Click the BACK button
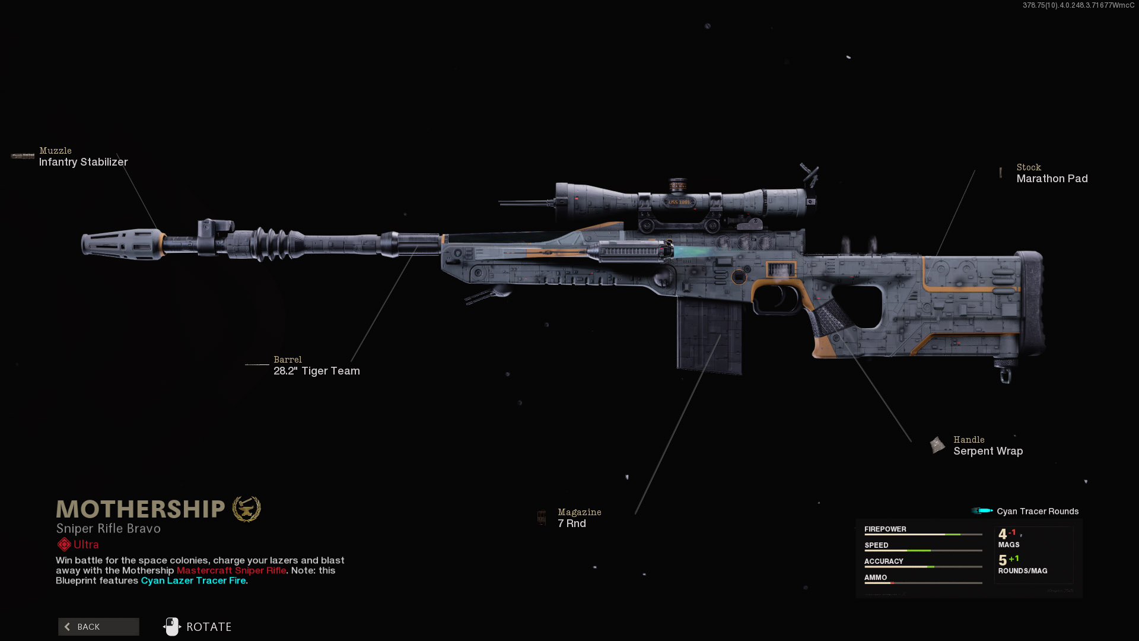coord(98,627)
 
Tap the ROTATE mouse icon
coord(172,627)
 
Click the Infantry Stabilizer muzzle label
coord(83,162)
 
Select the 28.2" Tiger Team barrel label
coord(316,371)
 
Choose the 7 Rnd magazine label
coord(572,523)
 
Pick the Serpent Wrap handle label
coord(988,451)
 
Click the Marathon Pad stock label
coord(1052,179)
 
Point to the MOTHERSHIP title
coord(141,509)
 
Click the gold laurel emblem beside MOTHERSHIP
coord(246,509)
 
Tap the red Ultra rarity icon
coord(64,544)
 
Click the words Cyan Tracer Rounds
coord(1038,512)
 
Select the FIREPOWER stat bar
coord(923,534)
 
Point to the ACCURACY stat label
coord(883,561)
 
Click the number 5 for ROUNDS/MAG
coord(1003,560)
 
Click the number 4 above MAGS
coord(1003,534)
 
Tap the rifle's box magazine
coord(710,335)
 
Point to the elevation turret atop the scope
coord(678,185)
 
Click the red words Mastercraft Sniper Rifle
coord(231,570)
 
